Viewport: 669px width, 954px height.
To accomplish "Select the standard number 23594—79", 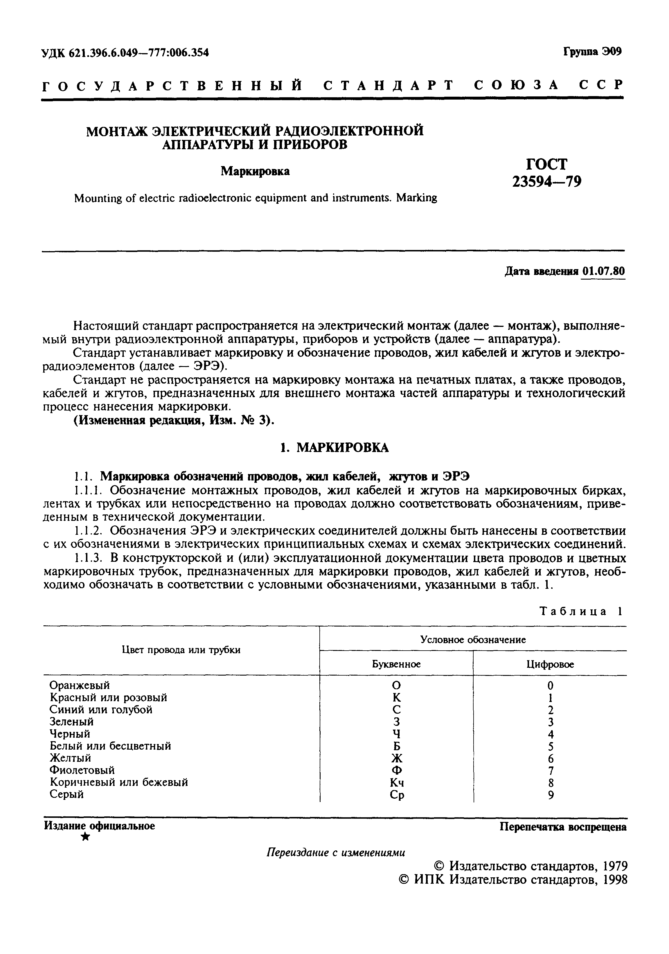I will pyautogui.click(x=546, y=181).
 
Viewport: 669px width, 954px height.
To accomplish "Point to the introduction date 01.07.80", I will pyautogui.click(x=603, y=271).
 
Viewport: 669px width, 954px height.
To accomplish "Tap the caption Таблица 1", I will pyautogui.click(x=581, y=611).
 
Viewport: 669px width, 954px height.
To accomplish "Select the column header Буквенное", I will pyautogui.click(x=396, y=664).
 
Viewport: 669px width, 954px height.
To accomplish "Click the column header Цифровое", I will pyautogui.click(x=550, y=664).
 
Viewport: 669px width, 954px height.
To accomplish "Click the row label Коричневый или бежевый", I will pyautogui.click(x=118, y=782).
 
